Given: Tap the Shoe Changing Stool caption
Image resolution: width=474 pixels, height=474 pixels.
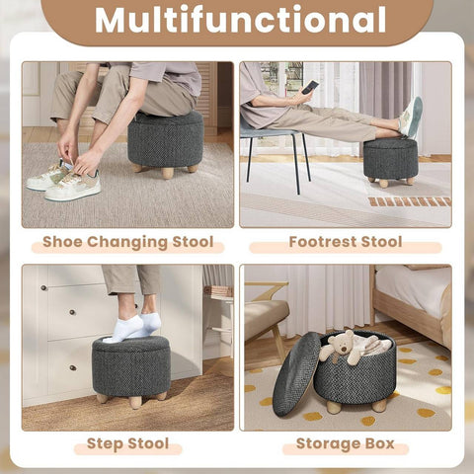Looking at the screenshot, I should (x=126, y=242).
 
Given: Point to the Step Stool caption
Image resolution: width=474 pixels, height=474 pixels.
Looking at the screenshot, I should (x=126, y=444).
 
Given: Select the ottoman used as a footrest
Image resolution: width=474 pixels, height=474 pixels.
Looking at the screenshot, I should (x=390, y=158).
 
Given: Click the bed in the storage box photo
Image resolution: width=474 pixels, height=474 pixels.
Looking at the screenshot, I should (x=415, y=296).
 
